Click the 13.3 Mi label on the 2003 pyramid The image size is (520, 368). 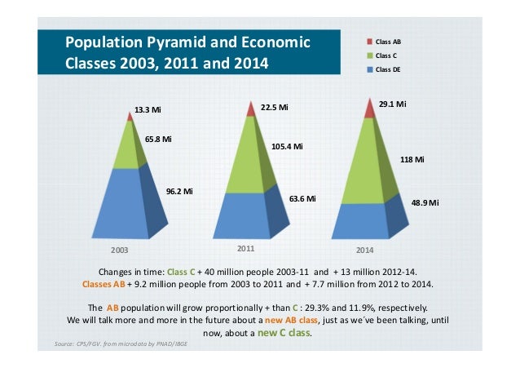148,109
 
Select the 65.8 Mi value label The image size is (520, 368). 158,139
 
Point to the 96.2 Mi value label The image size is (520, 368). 179,191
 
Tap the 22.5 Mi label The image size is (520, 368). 274,107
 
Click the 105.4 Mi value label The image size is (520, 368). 286,147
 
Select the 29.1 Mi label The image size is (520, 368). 393,104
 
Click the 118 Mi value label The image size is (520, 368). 412,159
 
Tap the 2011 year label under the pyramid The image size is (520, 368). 246,246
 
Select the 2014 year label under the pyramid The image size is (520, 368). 364,249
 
